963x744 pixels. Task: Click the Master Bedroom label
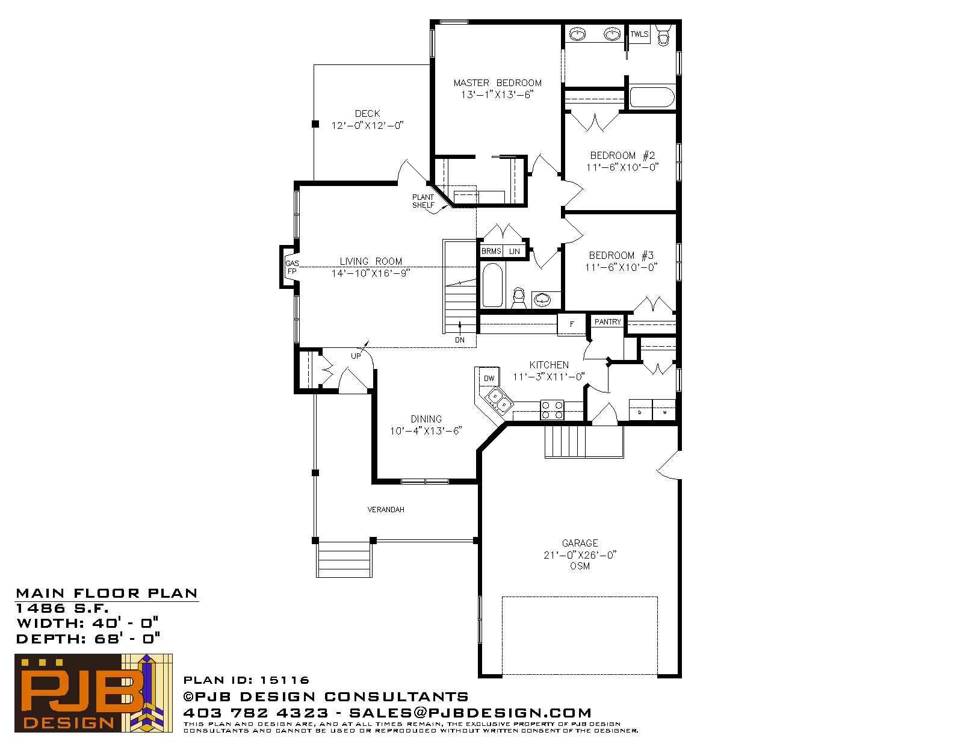click(x=497, y=83)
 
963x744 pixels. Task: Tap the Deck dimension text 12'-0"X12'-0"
click(x=367, y=125)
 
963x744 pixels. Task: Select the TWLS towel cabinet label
click(x=639, y=34)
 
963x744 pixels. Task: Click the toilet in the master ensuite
click(x=663, y=34)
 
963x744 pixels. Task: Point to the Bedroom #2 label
click(x=622, y=155)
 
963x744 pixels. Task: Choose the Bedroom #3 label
click(x=621, y=255)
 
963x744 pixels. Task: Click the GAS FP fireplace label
click(x=292, y=267)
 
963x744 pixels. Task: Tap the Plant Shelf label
click(x=423, y=201)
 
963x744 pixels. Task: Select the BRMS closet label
click(x=491, y=251)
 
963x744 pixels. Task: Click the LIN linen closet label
click(x=514, y=251)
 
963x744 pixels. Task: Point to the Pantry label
click(x=607, y=321)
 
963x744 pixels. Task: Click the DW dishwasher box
click(x=489, y=377)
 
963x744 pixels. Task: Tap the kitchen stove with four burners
click(x=552, y=410)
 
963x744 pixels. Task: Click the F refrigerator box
click(x=572, y=324)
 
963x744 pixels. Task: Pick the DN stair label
click(x=460, y=340)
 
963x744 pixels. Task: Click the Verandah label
click(x=386, y=510)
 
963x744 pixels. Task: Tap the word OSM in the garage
click(x=580, y=566)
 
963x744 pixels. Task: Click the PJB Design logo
click(x=93, y=693)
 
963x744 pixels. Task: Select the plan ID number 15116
click(x=285, y=680)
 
